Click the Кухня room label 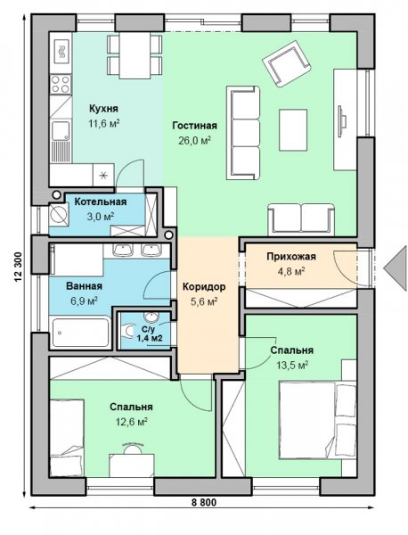coord(103,109)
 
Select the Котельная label coord(101,202)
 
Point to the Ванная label coord(84,286)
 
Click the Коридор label coord(204,287)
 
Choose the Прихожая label coord(291,256)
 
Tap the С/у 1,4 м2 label coord(150,333)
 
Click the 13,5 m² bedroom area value coord(292,366)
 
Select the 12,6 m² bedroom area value coord(131,422)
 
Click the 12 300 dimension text coord(18,267)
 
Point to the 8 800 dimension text coord(203,502)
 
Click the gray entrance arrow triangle coord(396,268)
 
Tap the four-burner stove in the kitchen coord(61,85)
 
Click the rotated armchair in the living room coord(286,63)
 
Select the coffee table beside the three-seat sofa coord(293,129)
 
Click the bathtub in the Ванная coord(80,333)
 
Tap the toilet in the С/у coord(127,331)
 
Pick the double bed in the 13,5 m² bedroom coord(318,420)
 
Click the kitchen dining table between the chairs coord(135,55)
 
